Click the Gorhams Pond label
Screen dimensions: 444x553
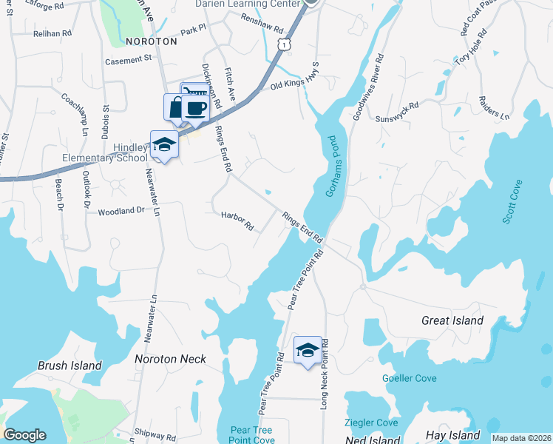(330, 166)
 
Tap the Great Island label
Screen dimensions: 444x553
(452, 320)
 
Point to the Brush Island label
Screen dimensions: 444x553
(69, 366)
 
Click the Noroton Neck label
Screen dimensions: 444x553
(170, 359)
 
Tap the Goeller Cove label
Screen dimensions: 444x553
(409, 378)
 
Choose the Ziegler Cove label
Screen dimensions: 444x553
(371, 423)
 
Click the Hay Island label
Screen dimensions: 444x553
(453, 435)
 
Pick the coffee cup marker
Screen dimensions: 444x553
(195, 107)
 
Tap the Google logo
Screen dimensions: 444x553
(24, 435)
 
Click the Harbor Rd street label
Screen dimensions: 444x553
(237, 220)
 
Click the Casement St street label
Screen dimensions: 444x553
(128, 59)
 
